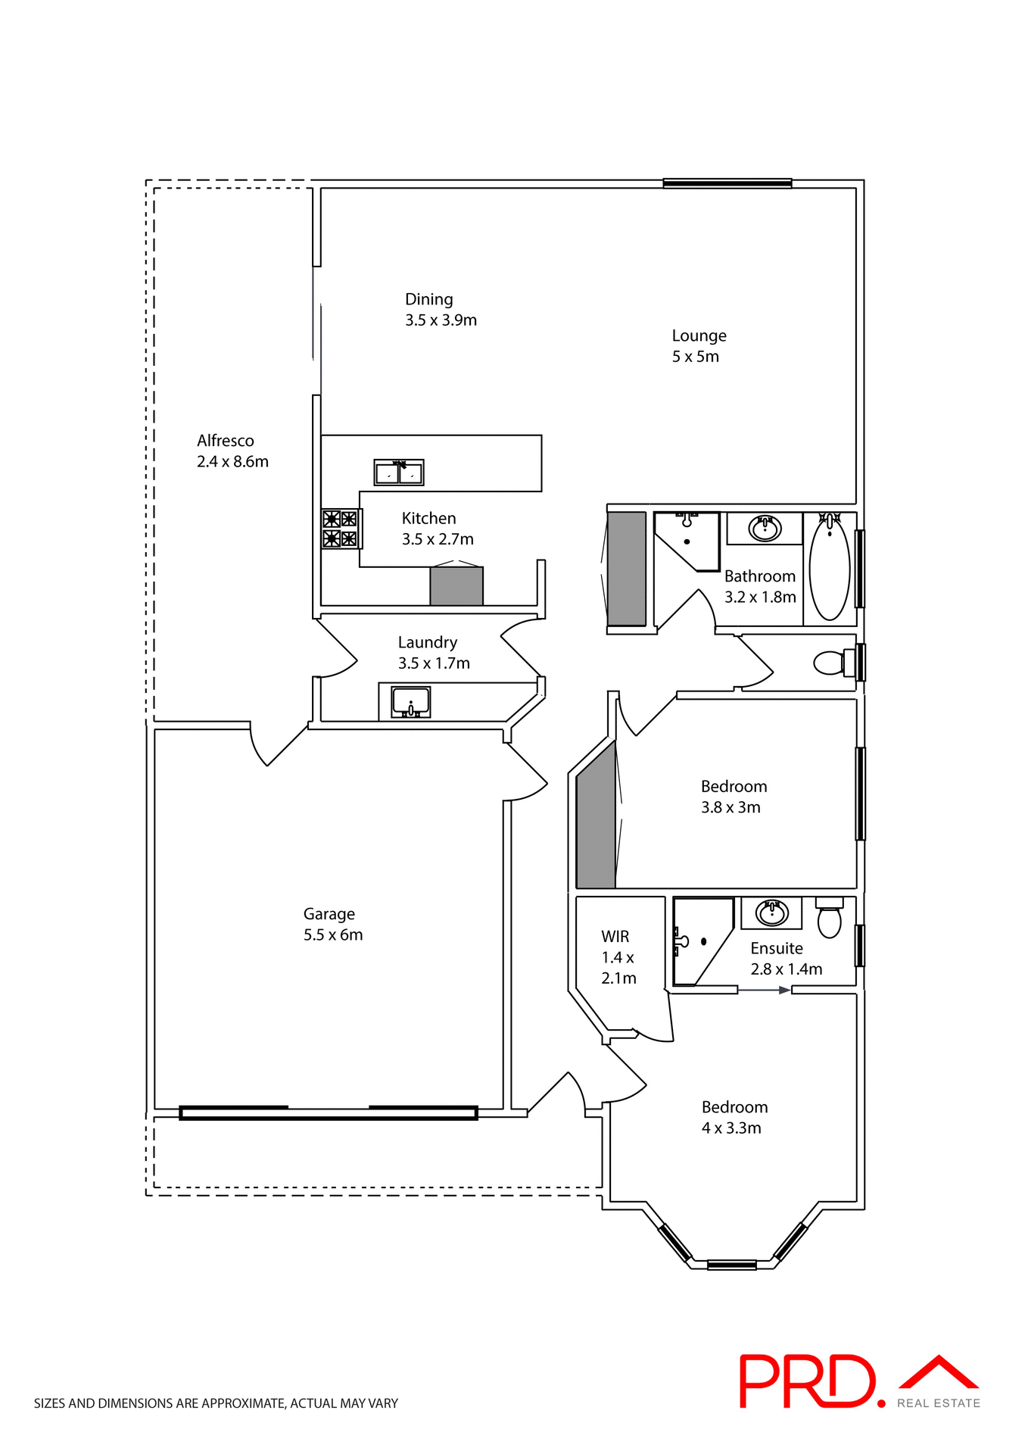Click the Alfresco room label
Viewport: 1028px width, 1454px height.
226,441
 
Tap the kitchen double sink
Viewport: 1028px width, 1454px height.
399,473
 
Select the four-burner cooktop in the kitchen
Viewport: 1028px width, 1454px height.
340,529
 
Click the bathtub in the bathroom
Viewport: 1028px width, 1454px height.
830,567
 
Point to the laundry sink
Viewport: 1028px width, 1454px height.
411,701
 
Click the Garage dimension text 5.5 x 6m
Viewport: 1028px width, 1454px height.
333,935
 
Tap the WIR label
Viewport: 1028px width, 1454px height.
615,937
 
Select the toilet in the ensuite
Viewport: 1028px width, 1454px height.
830,919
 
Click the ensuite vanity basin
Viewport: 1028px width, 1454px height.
771,913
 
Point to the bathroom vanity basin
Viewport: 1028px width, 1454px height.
765,528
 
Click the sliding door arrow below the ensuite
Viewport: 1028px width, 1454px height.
765,990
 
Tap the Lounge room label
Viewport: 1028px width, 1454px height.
699,335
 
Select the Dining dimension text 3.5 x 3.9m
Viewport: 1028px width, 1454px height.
441,320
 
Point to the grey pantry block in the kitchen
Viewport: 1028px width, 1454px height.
456,586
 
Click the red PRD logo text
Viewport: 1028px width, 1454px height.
807,1381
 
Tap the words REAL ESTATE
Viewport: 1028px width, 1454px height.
939,1403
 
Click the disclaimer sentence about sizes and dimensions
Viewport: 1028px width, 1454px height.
216,1403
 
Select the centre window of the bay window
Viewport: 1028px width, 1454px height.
731,1265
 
